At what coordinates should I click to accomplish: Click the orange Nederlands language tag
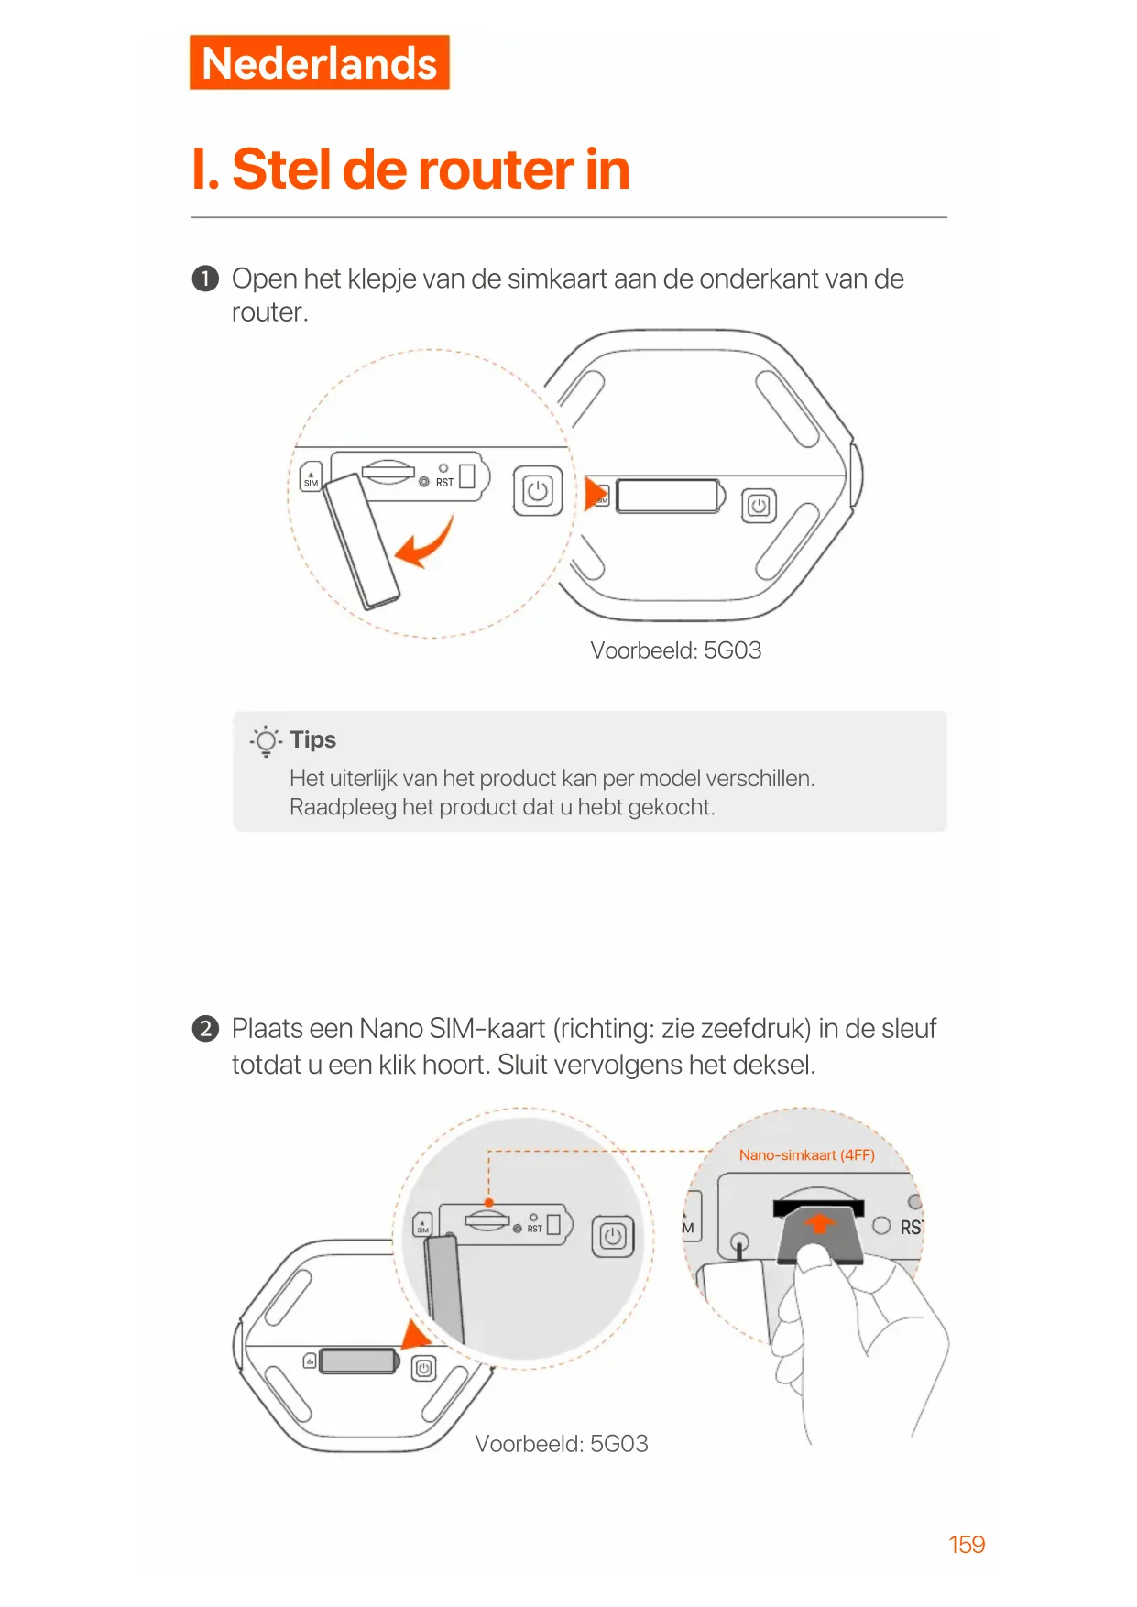[x=319, y=62]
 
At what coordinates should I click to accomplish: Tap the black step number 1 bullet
[x=205, y=279]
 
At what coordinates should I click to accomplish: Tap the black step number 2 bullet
[x=205, y=1029]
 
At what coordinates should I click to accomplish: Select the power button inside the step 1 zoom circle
[x=538, y=491]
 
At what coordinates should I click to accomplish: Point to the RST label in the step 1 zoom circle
[x=444, y=483]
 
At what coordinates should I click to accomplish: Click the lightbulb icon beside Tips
[x=266, y=740]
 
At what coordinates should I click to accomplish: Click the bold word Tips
[x=313, y=739]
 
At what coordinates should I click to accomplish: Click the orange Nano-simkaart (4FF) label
[x=807, y=1155]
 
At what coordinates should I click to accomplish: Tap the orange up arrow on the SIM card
[x=820, y=1223]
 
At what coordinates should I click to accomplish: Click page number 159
[x=967, y=1545]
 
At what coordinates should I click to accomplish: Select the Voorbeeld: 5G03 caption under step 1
[x=676, y=650]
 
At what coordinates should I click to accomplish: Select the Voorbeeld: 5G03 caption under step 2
[x=562, y=1444]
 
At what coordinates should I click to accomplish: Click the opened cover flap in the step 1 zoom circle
[x=361, y=541]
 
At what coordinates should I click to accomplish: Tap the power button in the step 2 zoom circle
[x=613, y=1237]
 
